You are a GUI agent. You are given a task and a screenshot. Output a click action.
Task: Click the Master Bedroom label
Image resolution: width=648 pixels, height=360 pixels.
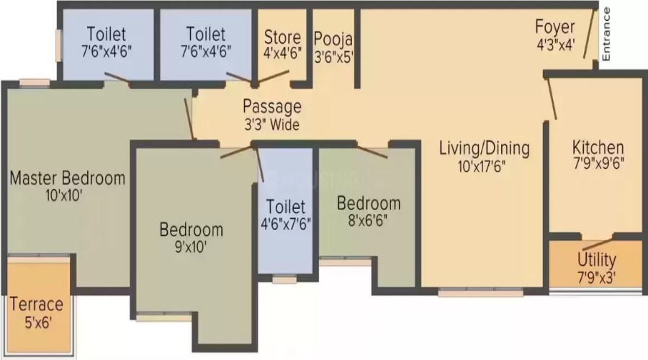point(68,178)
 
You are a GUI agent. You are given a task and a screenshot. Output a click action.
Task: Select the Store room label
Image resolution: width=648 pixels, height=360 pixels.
point(283,37)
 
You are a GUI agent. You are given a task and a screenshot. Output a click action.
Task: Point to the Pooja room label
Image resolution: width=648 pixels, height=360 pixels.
point(333,39)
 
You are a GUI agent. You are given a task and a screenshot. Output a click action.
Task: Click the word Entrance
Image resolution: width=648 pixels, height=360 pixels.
point(606,35)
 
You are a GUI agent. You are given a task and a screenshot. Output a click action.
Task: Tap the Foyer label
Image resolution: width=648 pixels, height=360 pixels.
point(554,27)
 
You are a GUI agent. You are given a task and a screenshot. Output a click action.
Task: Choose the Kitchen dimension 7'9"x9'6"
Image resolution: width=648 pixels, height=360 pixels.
point(598,163)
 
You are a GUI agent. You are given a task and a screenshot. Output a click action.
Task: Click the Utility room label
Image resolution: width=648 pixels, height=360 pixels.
point(596,260)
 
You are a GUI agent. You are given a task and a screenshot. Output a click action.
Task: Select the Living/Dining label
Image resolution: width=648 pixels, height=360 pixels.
point(484,148)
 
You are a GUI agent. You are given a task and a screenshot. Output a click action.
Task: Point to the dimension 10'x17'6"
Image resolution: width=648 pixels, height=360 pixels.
point(482,166)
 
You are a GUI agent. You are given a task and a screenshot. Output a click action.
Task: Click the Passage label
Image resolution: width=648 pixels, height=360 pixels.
point(272,107)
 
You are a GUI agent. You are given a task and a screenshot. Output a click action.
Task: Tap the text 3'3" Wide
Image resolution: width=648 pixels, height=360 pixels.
point(271,125)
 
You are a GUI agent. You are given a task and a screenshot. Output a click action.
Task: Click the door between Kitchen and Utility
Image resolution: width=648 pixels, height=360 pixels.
point(597,244)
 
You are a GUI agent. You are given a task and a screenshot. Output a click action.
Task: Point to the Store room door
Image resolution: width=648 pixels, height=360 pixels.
point(273,76)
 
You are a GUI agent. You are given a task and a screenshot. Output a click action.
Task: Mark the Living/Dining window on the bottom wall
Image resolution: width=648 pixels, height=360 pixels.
point(481,292)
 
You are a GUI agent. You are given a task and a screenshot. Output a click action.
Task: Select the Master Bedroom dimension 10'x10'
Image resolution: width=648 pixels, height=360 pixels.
point(64,195)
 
